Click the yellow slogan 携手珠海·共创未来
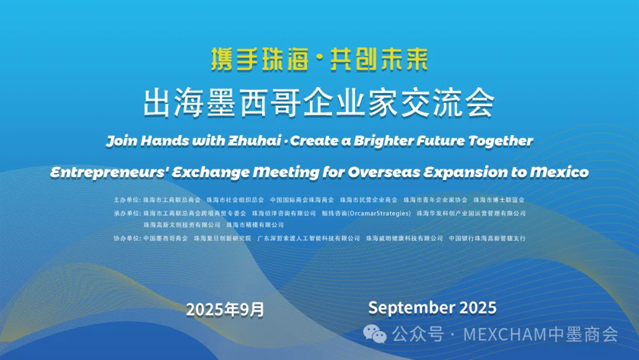[319, 60]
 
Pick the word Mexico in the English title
[559, 172]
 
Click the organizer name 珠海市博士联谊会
[499, 200]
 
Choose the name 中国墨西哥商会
[166, 238]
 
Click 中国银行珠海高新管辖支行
[488, 238]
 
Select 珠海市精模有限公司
[255, 224]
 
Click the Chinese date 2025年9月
[225, 310]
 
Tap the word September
[412, 308]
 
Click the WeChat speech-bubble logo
[375, 335]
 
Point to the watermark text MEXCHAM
[505, 335]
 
